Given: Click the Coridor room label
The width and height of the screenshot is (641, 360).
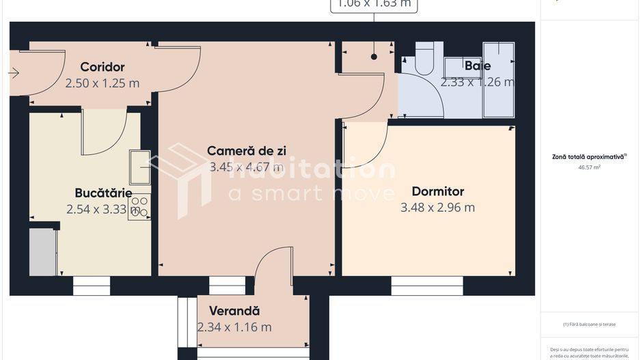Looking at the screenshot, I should coord(103,67).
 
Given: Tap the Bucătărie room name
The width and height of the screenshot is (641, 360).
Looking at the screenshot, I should coord(103,193).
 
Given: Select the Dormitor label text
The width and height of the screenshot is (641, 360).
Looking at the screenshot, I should coord(437,192).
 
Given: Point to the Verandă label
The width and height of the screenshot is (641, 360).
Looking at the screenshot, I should coord(234,310).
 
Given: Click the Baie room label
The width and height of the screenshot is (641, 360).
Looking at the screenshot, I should coord(477,66).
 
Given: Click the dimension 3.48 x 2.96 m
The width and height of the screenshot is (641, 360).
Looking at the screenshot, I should coord(437,208).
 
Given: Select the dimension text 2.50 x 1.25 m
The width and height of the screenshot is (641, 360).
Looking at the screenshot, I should coord(103,83).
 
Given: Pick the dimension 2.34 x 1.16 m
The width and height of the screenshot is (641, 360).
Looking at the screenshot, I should coord(234,327).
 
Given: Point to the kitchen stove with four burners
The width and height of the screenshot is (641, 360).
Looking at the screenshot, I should coord(139,207).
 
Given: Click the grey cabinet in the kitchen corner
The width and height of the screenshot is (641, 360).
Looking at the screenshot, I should coord(42,252).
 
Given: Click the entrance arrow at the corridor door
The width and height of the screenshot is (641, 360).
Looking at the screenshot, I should coord(14,72).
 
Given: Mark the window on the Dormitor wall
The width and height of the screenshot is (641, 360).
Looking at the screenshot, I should coord(426,286).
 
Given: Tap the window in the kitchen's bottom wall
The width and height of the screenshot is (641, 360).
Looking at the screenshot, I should coord(91,286).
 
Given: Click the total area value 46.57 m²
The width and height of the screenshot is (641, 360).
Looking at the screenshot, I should coord(589,167).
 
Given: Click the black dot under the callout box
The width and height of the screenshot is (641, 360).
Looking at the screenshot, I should coord(374,57).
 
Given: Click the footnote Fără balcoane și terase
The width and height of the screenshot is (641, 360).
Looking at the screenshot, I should coord(589,324).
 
